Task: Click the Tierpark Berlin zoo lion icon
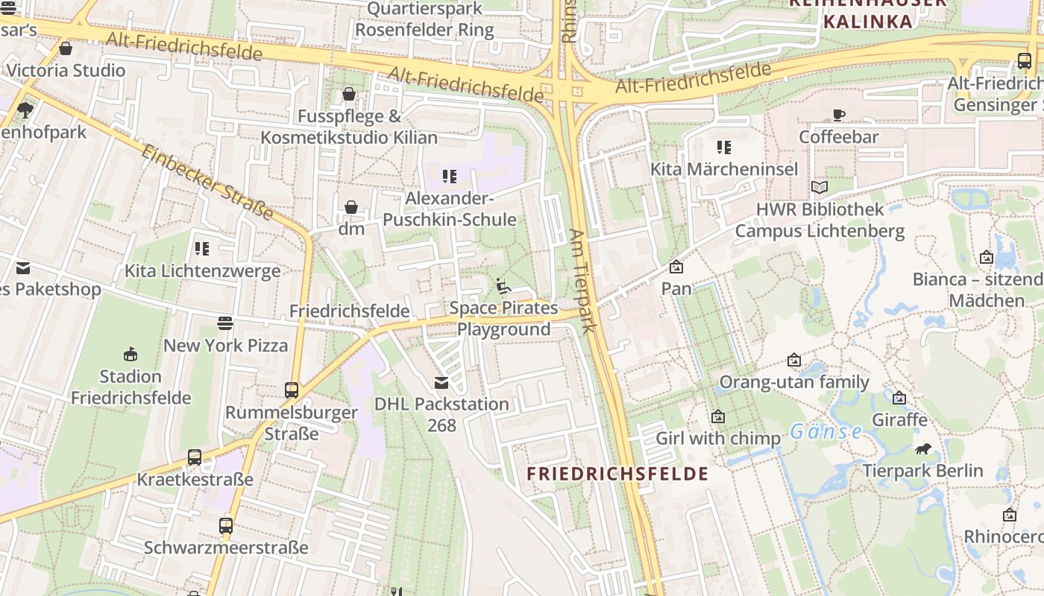[923, 448]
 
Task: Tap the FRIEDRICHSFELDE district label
[617, 474]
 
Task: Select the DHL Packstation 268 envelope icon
[441, 383]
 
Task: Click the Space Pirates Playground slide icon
[503, 286]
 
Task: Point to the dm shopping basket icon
[351, 207]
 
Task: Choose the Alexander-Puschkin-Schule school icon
[449, 177]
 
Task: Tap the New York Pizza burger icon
[225, 323]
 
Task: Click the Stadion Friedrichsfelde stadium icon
[130, 354]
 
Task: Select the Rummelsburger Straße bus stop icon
[292, 390]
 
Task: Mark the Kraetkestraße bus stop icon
[195, 457]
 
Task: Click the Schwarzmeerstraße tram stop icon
[226, 525]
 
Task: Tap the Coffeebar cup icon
[839, 115]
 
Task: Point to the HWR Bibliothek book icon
[820, 188]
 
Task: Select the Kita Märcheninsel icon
[723, 148]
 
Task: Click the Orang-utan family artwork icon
[794, 361]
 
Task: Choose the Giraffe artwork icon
[899, 398]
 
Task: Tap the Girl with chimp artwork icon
[717, 416]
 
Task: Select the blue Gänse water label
[826, 431]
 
